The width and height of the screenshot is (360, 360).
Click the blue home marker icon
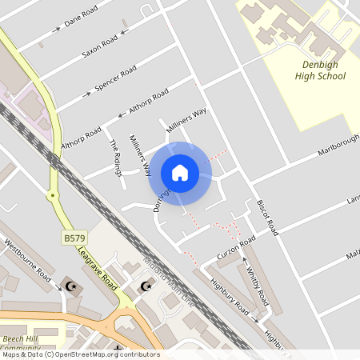[179, 173]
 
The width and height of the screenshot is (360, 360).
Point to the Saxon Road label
[100, 46]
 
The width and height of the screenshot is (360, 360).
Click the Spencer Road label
[115, 80]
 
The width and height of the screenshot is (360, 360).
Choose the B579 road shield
[74, 238]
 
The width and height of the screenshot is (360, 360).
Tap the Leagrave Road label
[97, 268]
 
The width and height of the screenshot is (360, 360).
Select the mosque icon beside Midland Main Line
[145, 286]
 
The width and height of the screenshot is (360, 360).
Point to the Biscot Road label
[266, 216]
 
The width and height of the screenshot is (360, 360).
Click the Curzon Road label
[236, 248]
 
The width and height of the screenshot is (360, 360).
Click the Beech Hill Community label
[21, 343]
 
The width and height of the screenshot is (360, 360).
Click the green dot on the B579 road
[52, 194]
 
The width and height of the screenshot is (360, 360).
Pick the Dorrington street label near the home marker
[162, 195]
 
